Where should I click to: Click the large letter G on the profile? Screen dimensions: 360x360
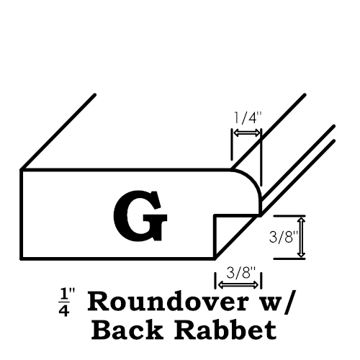(140, 216)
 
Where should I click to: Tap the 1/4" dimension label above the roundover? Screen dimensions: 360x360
(247, 118)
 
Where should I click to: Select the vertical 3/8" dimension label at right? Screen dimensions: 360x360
(284, 237)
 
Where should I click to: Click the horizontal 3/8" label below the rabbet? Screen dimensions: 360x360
(240, 273)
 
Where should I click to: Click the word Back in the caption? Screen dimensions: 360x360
(127, 329)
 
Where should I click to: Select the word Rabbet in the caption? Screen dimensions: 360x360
(225, 329)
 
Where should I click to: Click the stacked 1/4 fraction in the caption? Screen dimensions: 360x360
(64, 302)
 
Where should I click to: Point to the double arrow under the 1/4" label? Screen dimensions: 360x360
(247, 132)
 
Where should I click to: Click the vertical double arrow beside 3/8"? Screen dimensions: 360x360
(301, 237)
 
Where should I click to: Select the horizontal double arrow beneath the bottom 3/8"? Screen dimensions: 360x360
(238, 285)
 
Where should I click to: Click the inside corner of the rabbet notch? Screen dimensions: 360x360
(215, 215)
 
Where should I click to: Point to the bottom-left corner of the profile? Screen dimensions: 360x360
(21, 258)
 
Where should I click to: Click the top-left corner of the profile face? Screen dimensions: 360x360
(21, 170)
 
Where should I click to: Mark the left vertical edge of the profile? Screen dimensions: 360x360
(21, 215)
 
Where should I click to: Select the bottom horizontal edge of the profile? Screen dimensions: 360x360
(118, 258)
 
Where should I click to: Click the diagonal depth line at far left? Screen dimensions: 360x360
(58, 132)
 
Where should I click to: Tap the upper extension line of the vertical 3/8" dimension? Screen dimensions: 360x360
(289, 216)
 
